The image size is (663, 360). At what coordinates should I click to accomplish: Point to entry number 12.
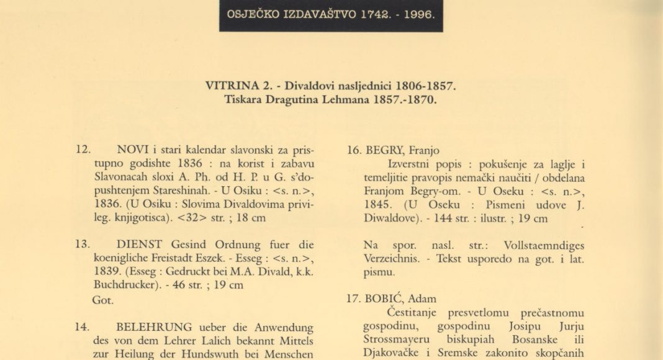83,150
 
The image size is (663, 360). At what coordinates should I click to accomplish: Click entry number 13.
83,244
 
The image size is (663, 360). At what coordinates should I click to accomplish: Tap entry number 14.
83,326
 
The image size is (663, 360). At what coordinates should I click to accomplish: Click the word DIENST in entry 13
137,244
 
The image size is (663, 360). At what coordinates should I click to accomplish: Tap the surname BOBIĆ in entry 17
385,297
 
